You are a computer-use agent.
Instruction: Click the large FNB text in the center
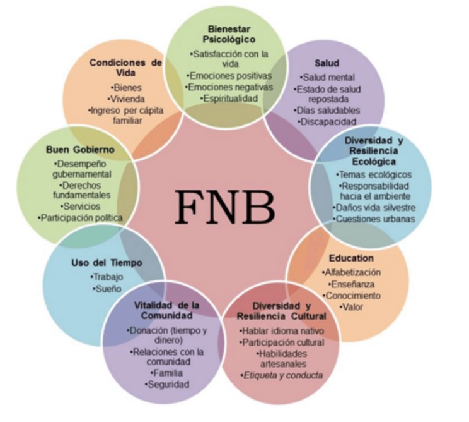(225, 207)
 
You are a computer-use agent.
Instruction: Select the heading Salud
(327, 63)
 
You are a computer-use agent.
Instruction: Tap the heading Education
(351, 258)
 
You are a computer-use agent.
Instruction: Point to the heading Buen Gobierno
(80, 150)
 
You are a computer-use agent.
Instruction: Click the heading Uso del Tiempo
(107, 263)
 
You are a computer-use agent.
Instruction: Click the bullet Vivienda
(126, 99)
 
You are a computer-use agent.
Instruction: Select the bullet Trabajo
(107, 277)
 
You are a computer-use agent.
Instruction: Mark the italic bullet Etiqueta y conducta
(282, 375)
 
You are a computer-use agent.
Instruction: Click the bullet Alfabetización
(351, 272)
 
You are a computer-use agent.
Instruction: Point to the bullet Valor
(351, 307)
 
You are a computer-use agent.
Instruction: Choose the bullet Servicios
(80, 207)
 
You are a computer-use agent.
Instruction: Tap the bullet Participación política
(80, 218)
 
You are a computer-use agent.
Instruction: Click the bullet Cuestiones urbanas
(374, 219)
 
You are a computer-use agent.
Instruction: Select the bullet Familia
(167, 373)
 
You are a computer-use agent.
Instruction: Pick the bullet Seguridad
(167, 385)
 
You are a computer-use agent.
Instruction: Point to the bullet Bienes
(126, 88)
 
